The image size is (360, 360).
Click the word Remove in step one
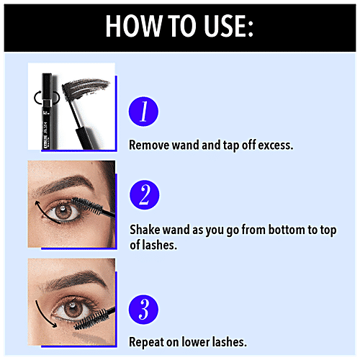(x=148, y=144)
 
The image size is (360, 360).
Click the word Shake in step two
(x=145, y=229)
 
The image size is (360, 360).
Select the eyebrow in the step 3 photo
(x=68, y=278)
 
